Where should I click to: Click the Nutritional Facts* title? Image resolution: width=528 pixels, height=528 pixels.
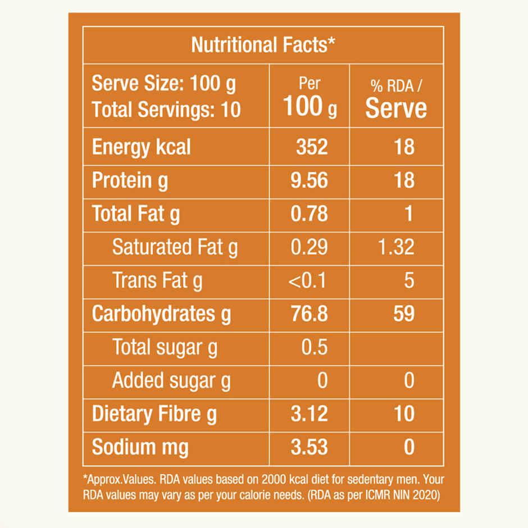pyautogui.click(x=263, y=44)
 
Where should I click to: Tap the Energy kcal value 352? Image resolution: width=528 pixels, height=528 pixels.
pyautogui.click(x=312, y=147)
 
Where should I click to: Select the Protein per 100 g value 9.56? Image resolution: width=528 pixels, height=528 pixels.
pyautogui.click(x=309, y=180)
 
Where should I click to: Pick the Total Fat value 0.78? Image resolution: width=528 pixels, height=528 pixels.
pyautogui.click(x=309, y=213)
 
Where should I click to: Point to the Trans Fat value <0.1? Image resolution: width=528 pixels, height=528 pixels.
pyautogui.click(x=307, y=280)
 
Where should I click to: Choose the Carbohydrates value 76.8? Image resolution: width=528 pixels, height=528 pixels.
pyautogui.click(x=309, y=313)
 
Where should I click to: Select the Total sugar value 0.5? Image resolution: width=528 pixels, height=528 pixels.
pyautogui.click(x=314, y=347)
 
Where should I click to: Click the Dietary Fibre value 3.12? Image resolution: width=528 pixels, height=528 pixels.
pyautogui.click(x=309, y=414)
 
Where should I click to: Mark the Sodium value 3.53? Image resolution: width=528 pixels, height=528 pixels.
pyautogui.click(x=309, y=447)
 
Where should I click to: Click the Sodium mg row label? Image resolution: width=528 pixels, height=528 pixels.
pyautogui.click(x=140, y=448)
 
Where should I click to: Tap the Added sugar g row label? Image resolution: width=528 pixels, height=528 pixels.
pyautogui.click(x=171, y=381)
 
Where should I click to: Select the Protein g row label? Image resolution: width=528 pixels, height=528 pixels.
pyautogui.click(x=130, y=181)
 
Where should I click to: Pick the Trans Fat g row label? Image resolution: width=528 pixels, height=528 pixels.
pyautogui.click(x=157, y=280)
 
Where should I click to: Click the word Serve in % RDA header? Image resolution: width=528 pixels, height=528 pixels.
pyautogui.click(x=396, y=108)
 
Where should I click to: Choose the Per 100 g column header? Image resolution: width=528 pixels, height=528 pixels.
pyautogui.click(x=309, y=97)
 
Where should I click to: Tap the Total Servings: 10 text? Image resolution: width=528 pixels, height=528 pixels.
pyautogui.click(x=166, y=109)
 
